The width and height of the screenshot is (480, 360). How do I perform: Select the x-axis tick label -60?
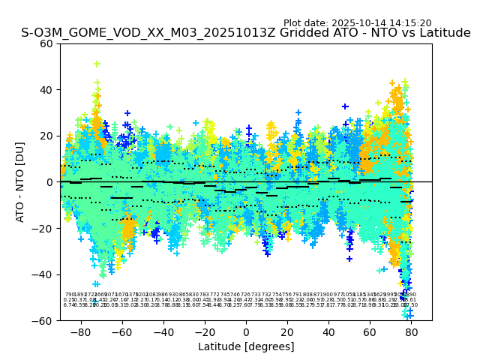click(x=119, y=331)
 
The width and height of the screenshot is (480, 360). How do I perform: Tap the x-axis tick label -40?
click(x=160, y=331)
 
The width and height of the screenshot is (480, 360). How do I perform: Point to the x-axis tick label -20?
click(x=202, y=331)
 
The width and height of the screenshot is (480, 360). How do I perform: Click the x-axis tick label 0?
click(x=246, y=331)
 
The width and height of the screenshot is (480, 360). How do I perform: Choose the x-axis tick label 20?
click(x=287, y=331)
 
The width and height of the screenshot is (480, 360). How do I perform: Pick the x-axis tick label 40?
click(x=328, y=331)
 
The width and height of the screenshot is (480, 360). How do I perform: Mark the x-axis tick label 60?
click(x=370, y=331)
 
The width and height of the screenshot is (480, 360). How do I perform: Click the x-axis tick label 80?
click(x=411, y=331)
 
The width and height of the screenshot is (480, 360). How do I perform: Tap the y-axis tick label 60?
click(x=47, y=43)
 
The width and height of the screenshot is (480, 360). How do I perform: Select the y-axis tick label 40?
click(x=47, y=90)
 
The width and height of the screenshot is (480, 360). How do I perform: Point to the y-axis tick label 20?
click(x=47, y=136)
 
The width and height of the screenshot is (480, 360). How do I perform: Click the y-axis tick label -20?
click(x=44, y=228)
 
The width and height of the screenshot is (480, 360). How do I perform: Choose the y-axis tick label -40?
click(x=44, y=274)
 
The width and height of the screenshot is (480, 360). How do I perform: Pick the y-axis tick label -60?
click(x=44, y=320)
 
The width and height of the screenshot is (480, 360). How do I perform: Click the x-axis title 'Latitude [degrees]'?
click(x=246, y=346)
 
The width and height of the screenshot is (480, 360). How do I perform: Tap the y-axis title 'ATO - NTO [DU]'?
click(x=21, y=181)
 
